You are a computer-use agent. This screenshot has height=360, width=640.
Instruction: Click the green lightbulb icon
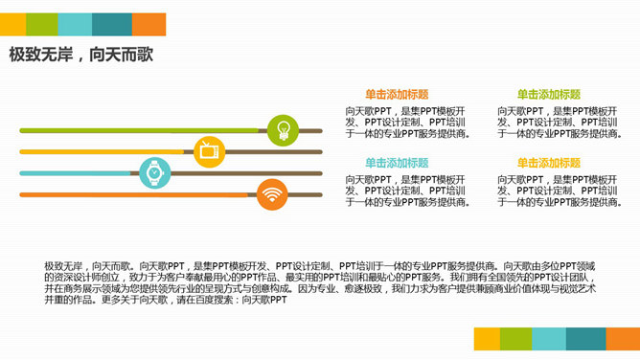[283, 128]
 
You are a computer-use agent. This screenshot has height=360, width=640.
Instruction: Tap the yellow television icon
[209, 150]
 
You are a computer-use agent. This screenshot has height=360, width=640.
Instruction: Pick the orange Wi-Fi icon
[272, 195]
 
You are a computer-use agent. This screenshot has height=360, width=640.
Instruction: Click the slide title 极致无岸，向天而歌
[81, 55]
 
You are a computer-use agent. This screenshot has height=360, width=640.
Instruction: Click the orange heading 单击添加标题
[397, 94]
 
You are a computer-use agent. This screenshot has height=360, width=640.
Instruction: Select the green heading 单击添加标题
[549, 94]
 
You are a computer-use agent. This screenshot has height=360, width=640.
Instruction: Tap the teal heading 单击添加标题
[397, 163]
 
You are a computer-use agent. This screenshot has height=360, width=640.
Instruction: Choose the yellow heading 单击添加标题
[549, 163]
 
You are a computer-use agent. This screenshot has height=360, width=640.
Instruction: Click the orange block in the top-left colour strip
[149, 24]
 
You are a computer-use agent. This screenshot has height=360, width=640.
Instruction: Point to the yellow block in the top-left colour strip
[12, 24]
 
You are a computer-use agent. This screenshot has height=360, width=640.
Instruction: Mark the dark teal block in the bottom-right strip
[584, 338]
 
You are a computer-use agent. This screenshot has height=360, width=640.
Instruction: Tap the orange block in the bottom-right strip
[623, 338]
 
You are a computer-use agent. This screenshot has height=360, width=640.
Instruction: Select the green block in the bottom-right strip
[515, 338]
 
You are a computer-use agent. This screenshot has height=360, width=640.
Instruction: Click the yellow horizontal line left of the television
[105, 151]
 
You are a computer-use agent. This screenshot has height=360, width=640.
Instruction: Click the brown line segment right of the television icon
[274, 151]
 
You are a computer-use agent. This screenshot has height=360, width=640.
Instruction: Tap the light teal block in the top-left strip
[75, 24]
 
